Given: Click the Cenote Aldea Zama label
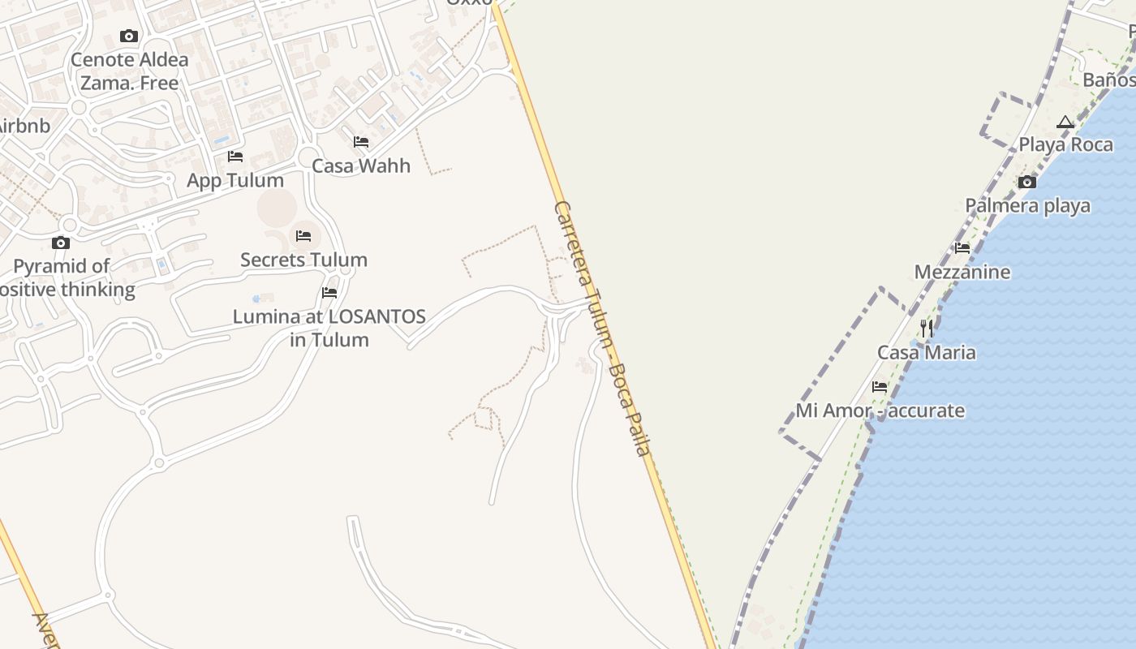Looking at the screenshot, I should [x=129, y=71].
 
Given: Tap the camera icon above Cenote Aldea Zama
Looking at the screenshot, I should [x=129, y=36].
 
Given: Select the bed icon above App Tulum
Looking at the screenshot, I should [x=235, y=156].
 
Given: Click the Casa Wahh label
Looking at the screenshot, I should [x=361, y=165].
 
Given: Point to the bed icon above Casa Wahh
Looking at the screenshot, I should [x=361, y=142].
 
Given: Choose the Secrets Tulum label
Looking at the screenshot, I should [x=303, y=260].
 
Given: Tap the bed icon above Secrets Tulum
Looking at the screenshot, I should [x=303, y=236].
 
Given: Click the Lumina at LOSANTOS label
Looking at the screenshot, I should [x=329, y=328].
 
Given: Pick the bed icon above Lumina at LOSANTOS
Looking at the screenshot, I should [x=329, y=293].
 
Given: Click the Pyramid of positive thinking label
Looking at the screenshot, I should [x=65, y=277].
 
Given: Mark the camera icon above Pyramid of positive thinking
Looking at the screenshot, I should [x=61, y=243].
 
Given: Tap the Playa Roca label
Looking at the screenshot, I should [x=1065, y=144].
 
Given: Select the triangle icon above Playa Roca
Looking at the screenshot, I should [x=1065, y=122].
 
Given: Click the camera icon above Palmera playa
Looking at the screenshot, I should [x=1027, y=182].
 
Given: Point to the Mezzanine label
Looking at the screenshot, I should [x=962, y=272].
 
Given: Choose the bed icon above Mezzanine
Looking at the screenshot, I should [x=962, y=248].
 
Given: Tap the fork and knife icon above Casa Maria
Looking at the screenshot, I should [x=927, y=329].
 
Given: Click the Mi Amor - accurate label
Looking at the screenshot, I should [x=880, y=410].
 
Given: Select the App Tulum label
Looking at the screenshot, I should [x=235, y=180].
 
